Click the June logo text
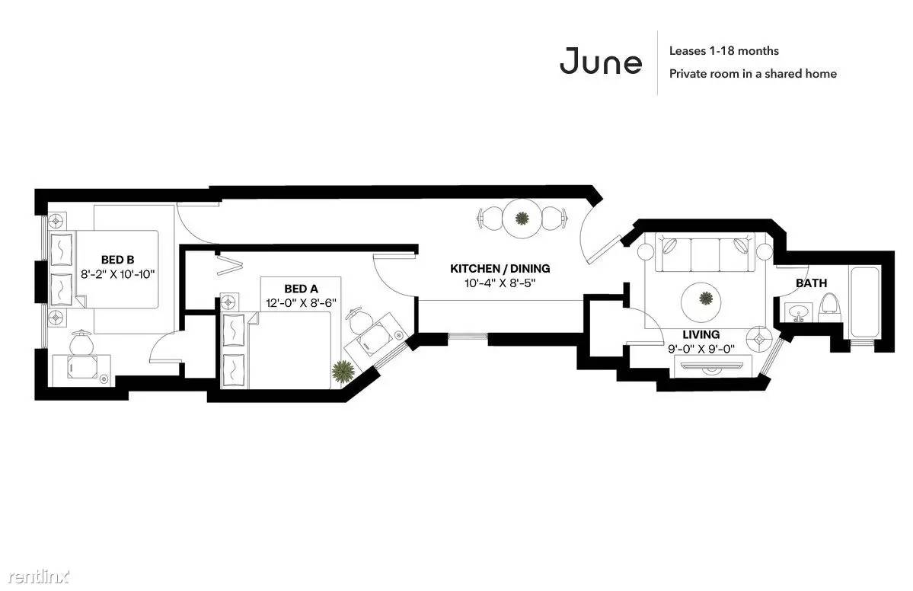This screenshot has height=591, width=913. [x=600, y=61]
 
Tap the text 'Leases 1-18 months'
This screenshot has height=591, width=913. [x=723, y=51]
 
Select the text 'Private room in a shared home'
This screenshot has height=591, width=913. [x=752, y=73]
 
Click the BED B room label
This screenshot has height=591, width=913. [x=117, y=260]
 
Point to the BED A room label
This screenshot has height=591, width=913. [x=301, y=288]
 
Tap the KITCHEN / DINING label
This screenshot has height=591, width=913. [x=500, y=268]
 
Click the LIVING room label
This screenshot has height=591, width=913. [x=701, y=334]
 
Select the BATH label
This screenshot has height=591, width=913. [x=811, y=283]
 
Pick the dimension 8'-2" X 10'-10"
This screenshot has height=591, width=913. [x=117, y=274]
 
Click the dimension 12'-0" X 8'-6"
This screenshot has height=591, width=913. [x=301, y=303]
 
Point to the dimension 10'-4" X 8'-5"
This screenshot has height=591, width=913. [x=500, y=283]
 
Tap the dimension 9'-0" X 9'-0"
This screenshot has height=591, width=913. [x=701, y=349]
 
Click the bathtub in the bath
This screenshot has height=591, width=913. [x=867, y=302]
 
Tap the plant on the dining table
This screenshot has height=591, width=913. [x=522, y=219]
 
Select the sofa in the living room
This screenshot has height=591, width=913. [x=705, y=252]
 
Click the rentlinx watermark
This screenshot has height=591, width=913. [x=38, y=577]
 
